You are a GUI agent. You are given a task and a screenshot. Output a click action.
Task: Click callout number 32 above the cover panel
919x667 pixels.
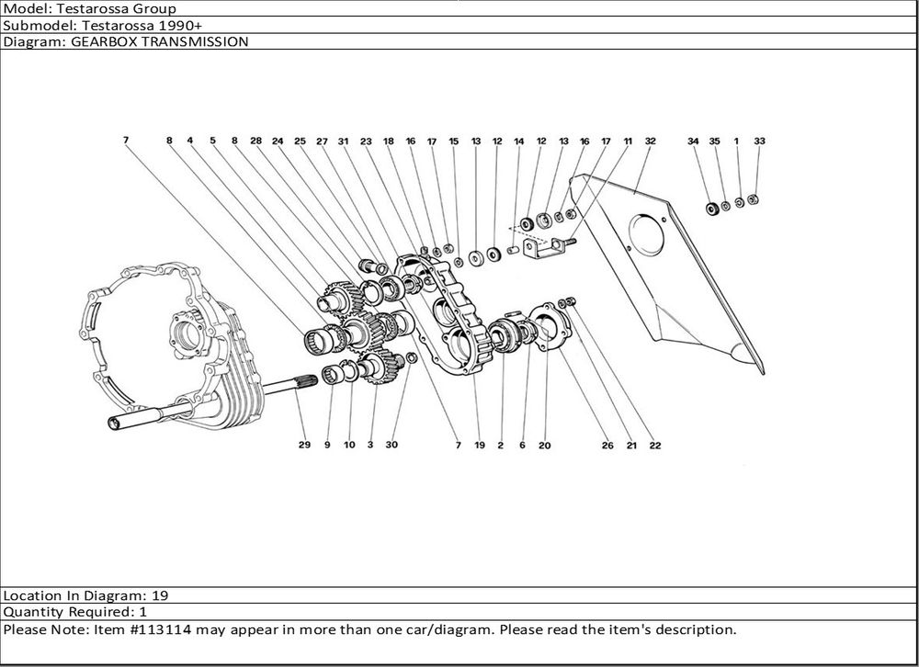pos(650,141)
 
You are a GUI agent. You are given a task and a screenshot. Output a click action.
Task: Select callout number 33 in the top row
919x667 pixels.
pos(759,141)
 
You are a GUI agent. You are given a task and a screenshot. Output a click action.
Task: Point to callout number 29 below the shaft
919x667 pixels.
pos(304,446)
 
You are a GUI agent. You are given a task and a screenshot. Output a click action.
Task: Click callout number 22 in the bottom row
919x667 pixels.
pos(654,446)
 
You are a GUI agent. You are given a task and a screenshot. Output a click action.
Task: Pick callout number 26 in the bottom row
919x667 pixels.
pos(607,446)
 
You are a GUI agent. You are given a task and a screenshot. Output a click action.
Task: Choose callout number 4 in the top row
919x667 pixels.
pos(190,141)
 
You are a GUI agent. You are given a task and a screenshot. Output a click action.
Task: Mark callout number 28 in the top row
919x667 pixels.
pos(256,141)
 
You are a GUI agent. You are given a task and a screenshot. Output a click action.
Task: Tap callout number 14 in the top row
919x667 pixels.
pos(519,141)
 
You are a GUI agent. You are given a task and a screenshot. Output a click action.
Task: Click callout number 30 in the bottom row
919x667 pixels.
pos(391,446)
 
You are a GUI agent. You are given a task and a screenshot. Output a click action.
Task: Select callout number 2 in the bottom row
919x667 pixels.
pos(500,446)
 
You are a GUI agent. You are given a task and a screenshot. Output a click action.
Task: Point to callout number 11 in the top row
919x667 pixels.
pos(628,141)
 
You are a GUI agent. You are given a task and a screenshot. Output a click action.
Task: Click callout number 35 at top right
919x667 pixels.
pos(714,141)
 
